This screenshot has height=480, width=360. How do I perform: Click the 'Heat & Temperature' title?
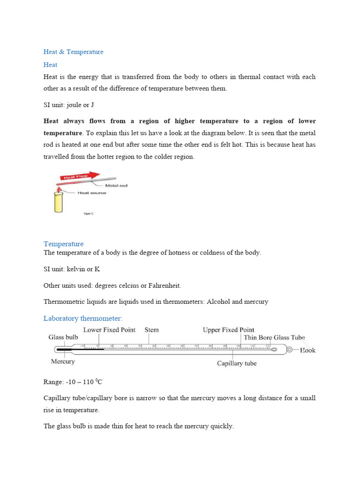[x=73, y=52]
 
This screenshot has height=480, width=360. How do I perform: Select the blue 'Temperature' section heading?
[x=63, y=244]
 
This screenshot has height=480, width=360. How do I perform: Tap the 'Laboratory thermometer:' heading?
[x=82, y=319]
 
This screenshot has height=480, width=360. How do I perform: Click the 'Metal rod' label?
[x=117, y=186]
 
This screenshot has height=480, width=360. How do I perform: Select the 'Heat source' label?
[x=92, y=193]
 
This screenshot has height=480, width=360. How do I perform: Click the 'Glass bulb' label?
[x=63, y=337]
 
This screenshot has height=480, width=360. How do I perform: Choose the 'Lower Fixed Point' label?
[x=109, y=330]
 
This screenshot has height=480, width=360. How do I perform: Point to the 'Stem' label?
[x=151, y=330]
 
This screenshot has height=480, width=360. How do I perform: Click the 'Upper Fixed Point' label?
[x=228, y=330]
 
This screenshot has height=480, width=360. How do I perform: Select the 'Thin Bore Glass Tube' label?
[x=274, y=337]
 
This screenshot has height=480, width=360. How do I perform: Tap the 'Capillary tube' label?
[x=237, y=363]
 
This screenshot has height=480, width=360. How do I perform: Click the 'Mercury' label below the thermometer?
[x=62, y=361]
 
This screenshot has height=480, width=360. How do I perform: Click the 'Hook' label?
[x=307, y=350]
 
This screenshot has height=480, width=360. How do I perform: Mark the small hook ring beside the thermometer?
[x=290, y=349]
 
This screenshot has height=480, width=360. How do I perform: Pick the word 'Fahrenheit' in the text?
[x=165, y=285]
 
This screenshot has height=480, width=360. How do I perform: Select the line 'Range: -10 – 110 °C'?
[x=73, y=382]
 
